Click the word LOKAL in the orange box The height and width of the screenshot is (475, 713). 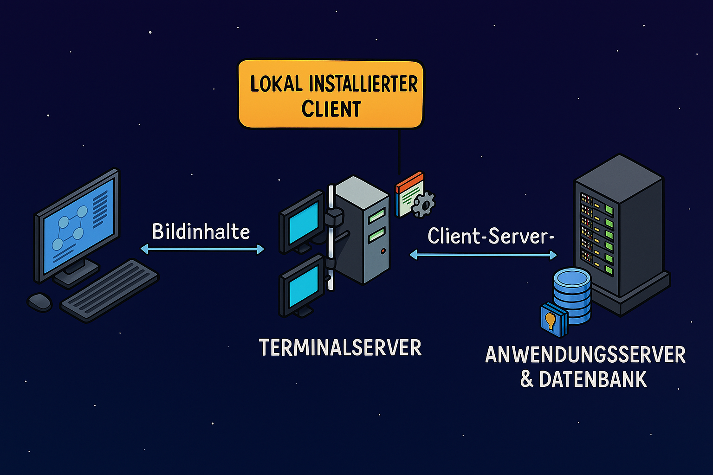click(x=276, y=84)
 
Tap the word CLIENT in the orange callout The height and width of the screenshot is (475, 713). click(x=331, y=109)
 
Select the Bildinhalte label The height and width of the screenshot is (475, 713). click(x=201, y=231)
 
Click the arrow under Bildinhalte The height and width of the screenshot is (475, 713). click(x=202, y=249)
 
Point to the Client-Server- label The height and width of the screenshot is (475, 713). click(x=491, y=236)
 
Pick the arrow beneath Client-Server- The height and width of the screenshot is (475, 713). click(x=483, y=255)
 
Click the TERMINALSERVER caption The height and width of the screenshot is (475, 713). click(x=340, y=347)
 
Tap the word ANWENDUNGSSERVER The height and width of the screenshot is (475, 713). click(x=585, y=355)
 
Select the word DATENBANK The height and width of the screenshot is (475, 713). click(x=593, y=379)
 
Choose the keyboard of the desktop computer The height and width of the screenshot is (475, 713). click(x=109, y=290)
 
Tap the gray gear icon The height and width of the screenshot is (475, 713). click(x=423, y=204)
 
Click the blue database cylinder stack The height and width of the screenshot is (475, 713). click(x=572, y=296)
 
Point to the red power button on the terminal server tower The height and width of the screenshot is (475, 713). click(x=383, y=251)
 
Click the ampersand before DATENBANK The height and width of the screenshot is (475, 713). click(x=527, y=379)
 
